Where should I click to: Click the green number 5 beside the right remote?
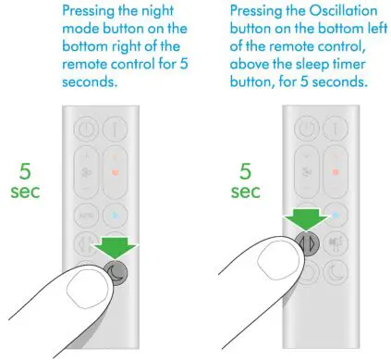coord(246,173)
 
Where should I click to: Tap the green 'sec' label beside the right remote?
coord(246,193)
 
